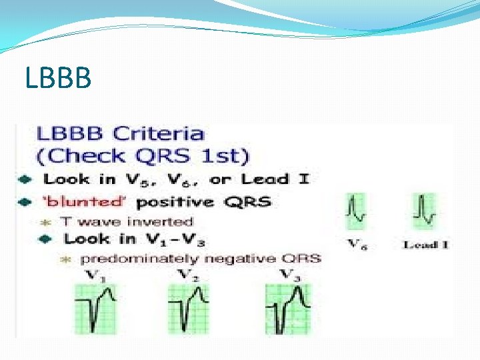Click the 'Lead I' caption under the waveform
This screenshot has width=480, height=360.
coord(425,245)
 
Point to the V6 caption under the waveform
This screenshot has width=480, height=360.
coord(358,244)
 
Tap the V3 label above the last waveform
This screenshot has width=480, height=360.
coord(287,274)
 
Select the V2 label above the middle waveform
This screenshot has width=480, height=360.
coord(186,275)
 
